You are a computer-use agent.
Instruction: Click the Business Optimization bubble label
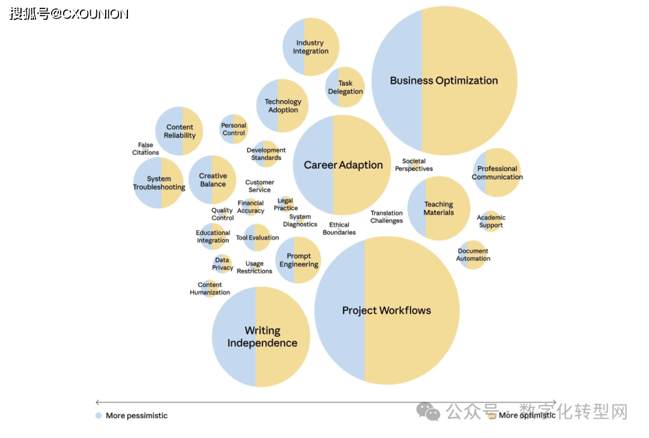pyautogui.click(x=444, y=80)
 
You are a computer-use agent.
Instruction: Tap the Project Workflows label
pyautogui.click(x=386, y=310)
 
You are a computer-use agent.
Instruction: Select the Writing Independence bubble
pyautogui.click(x=261, y=337)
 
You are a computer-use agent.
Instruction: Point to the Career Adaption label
pyautogui.click(x=343, y=165)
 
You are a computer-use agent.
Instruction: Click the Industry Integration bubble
pyautogui.click(x=311, y=47)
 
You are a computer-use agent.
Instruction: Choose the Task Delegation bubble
pyautogui.click(x=345, y=88)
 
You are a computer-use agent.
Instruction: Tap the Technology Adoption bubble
pyautogui.click(x=282, y=106)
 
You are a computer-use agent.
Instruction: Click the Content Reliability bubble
pyautogui.click(x=180, y=131)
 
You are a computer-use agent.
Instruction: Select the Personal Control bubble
pyautogui.click(x=234, y=129)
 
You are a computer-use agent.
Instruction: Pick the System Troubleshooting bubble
pyautogui.click(x=159, y=183)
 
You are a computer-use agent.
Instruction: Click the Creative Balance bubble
pyautogui.click(x=213, y=180)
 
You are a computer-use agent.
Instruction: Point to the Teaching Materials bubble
pyautogui.click(x=439, y=208)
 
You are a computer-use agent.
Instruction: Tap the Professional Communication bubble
pyautogui.click(x=497, y=173)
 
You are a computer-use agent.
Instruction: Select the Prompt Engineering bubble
pyautogui.click(x=299, y=260)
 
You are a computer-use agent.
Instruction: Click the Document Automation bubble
pyautogui.click(x=473, y=255)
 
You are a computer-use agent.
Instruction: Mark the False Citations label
pyautogui.click(x=145, y=149)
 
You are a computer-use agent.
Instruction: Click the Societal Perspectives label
pyautogui.click(x=413, y=165)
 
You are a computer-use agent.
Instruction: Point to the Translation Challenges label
pyautogui.click(x=386, y=217)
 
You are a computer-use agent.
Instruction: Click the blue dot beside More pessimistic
pyautogui.click(x=99, y=415)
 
